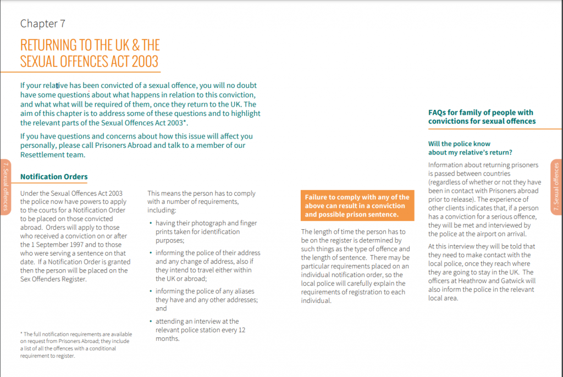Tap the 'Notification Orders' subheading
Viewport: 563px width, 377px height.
pos(54,176)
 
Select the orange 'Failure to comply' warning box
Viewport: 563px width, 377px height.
pos(357,206)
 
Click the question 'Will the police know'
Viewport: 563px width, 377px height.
pos(459,144)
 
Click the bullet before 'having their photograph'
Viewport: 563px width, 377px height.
pos(151,224)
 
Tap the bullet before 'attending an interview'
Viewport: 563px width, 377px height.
pos(151,321)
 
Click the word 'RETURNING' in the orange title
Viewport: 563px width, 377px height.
pos(49,45)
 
